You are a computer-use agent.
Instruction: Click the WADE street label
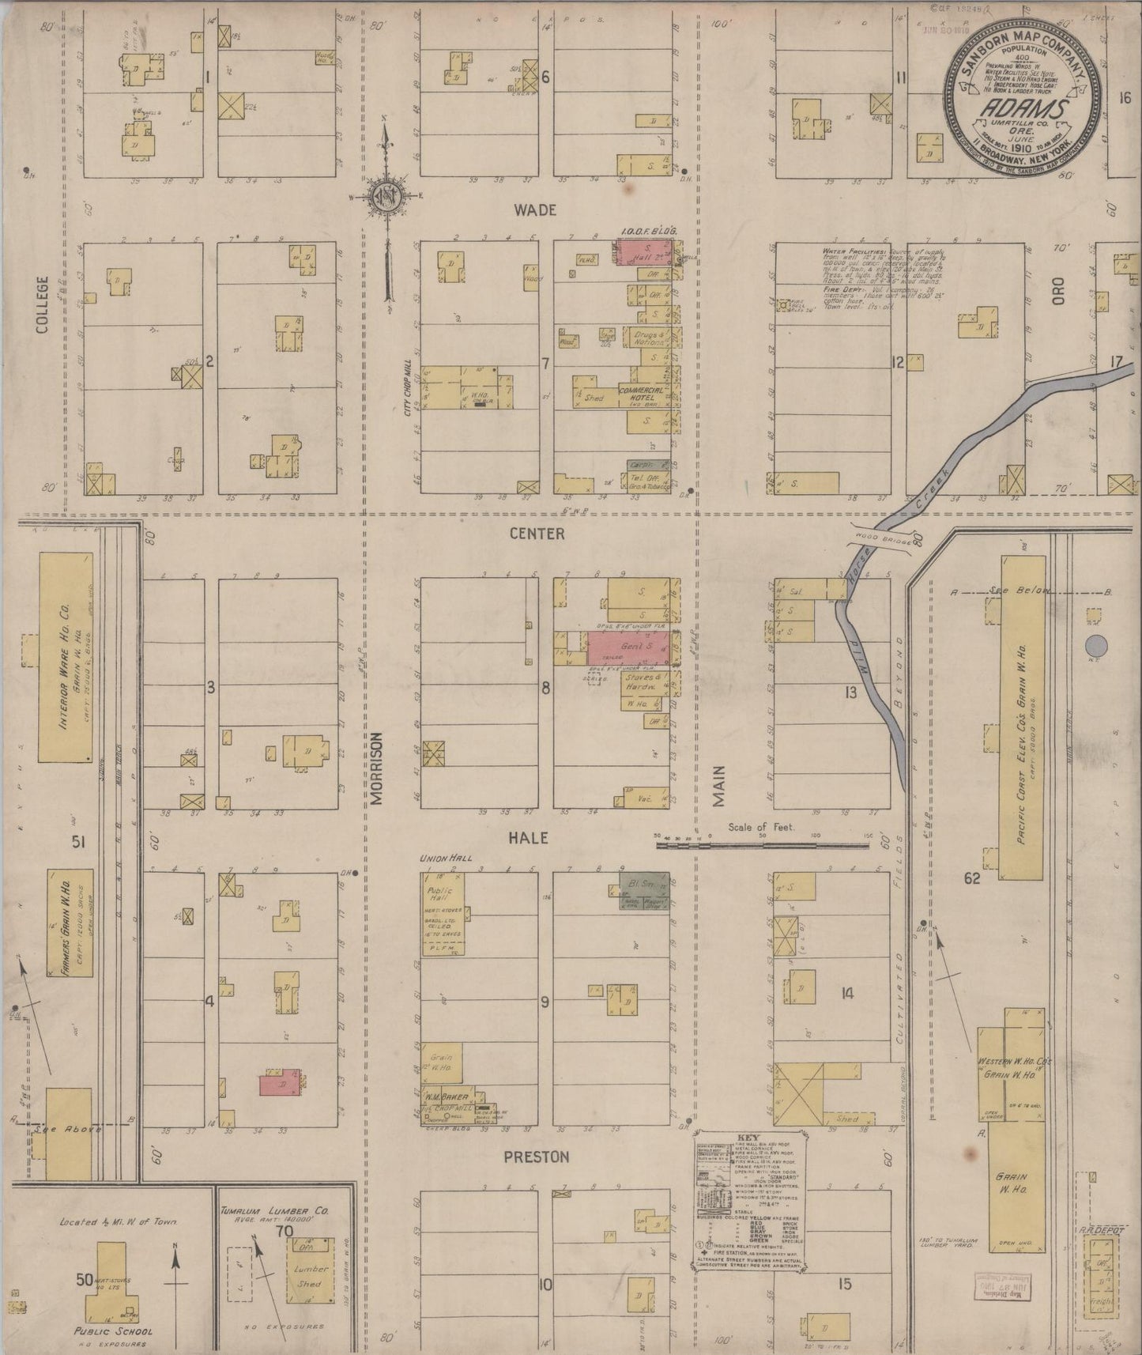535,210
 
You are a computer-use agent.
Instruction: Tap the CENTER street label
537,534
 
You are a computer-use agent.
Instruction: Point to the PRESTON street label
537,1157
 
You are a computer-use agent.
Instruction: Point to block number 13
850,693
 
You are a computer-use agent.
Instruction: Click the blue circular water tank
1097,644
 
